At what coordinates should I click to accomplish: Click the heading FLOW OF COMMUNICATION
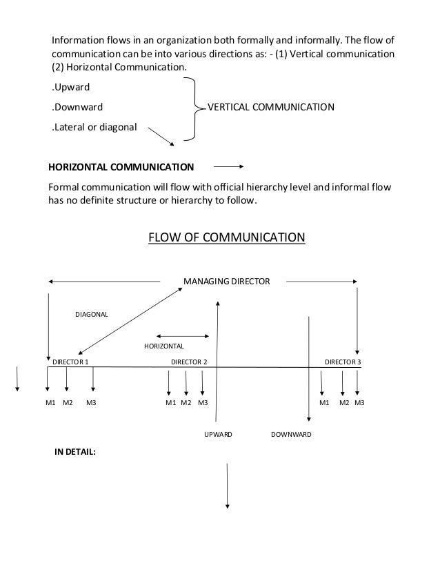[227, 239]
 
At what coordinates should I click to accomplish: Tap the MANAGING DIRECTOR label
[226, 281]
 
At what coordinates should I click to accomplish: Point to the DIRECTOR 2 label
[189, 362]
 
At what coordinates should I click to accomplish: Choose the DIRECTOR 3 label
[343, 362]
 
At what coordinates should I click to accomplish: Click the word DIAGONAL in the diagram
[92, 315]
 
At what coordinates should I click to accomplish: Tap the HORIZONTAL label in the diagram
[163, 345]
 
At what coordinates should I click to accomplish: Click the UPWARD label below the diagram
[218, 435]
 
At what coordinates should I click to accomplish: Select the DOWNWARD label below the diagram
[291, 435]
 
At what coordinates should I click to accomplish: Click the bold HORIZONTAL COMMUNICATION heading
[120, 167]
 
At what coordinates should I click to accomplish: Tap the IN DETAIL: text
[75, 453]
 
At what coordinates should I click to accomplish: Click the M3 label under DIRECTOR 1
[91, 402]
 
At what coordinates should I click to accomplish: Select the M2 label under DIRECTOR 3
[343, 402]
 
